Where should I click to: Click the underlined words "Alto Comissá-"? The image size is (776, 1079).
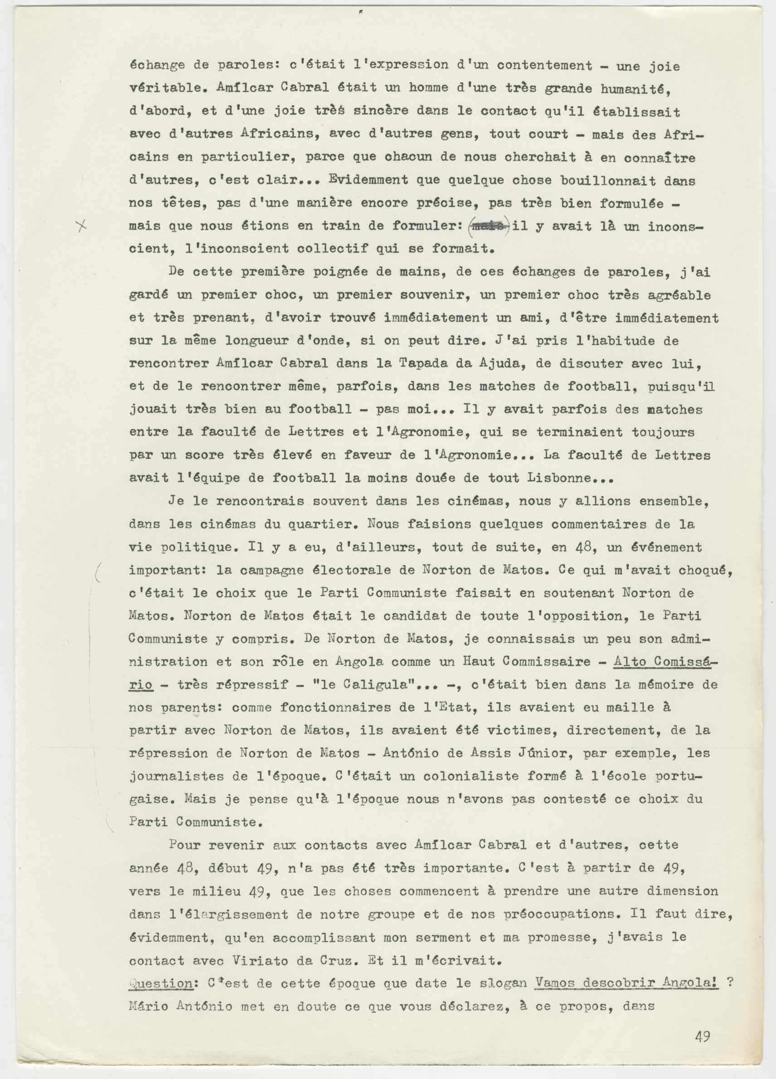click(x=665, y=662)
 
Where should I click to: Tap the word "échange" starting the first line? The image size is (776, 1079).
click(x=153, y=66)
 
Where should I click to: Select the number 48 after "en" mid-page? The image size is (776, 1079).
click(x=585, y=547)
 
